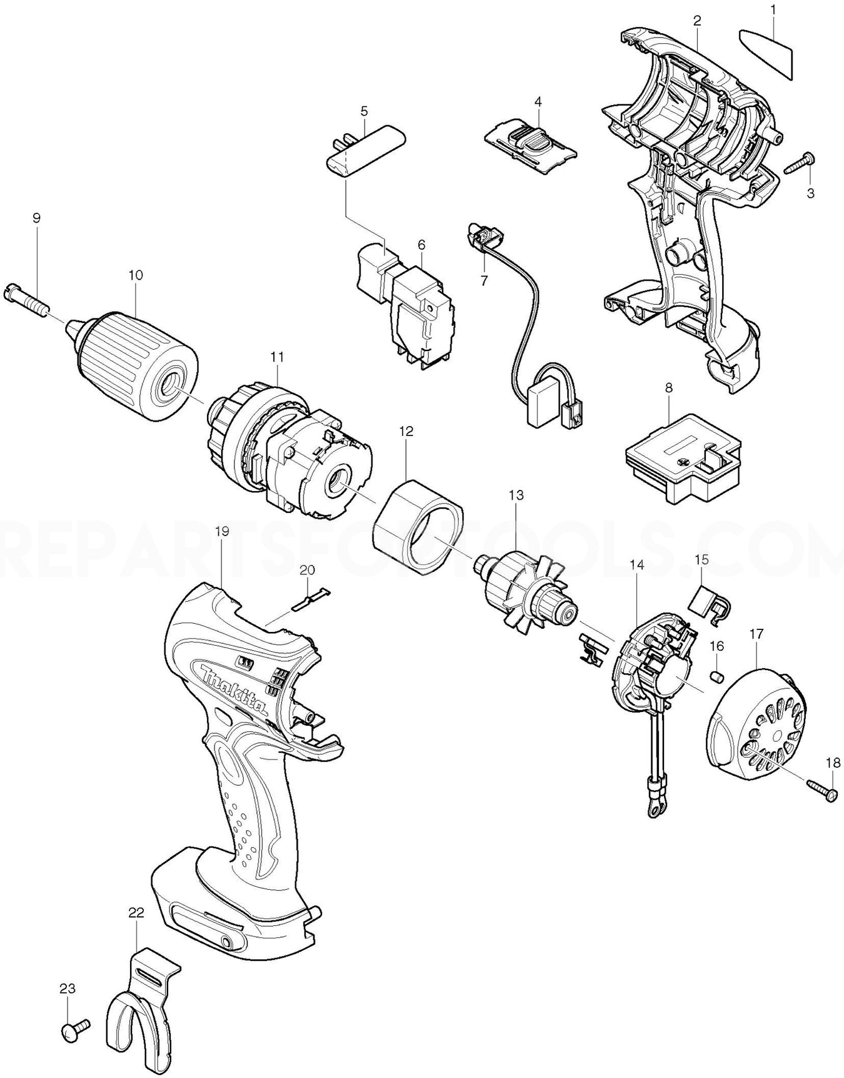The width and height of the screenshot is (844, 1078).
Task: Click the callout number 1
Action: pyautogui.click(x=773, y=9)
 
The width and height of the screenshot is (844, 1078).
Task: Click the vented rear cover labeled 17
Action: pyautogui.click(x=758, y=726)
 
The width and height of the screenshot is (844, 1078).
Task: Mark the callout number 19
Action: pyautogui.click(x=221, y=531)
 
